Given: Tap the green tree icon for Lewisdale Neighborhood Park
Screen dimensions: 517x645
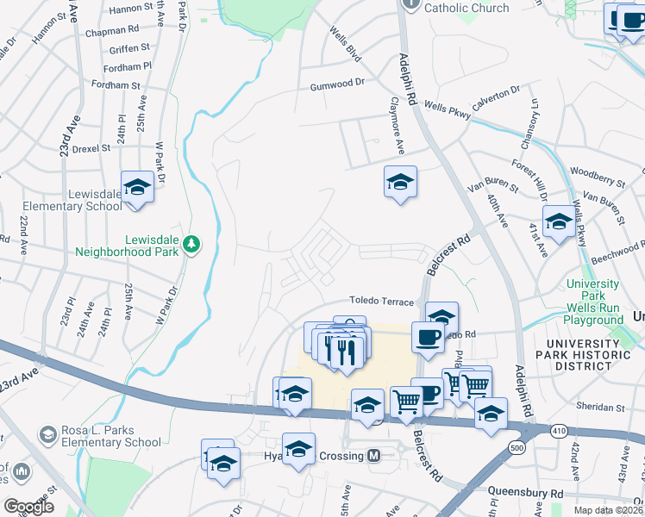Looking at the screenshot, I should (191, 246).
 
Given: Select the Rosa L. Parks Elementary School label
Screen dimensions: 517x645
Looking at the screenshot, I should (110, 437).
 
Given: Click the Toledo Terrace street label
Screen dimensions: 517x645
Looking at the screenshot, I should (382, 301).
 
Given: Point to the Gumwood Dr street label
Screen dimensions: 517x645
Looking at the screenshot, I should (338, 87).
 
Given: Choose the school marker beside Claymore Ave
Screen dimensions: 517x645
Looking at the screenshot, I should (400, 183).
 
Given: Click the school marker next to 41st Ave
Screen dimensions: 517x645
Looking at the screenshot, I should (559, 223).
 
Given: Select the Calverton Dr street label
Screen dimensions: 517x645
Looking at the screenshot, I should (496, 95).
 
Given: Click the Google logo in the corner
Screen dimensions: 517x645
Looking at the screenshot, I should (28, 507).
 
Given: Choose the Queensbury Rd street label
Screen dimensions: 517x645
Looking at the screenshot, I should (525, 494).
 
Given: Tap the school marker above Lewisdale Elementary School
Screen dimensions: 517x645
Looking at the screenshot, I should (137, 188).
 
